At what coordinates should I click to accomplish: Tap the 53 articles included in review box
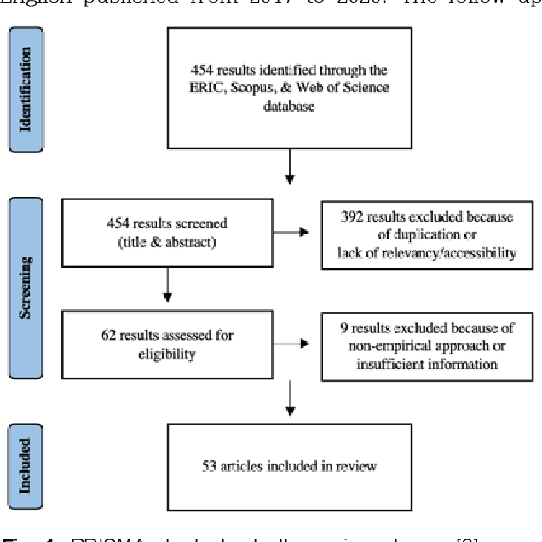(289, 465)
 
